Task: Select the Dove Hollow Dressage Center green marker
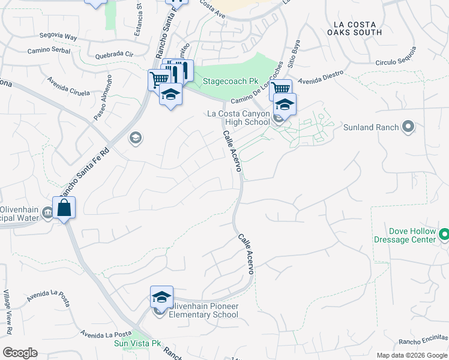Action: tap(444, 234)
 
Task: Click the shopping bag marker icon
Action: tap(64, 208)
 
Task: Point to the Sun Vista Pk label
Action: tap(138, 344)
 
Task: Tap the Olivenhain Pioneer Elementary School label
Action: tap(203, 310)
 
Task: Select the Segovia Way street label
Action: tap(58, 37)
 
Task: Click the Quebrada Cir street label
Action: tap(114, 56)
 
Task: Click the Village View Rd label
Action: tap(8, 312)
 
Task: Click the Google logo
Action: tap(20, 353)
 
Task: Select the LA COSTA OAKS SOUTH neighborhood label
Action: tap(357, 28)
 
